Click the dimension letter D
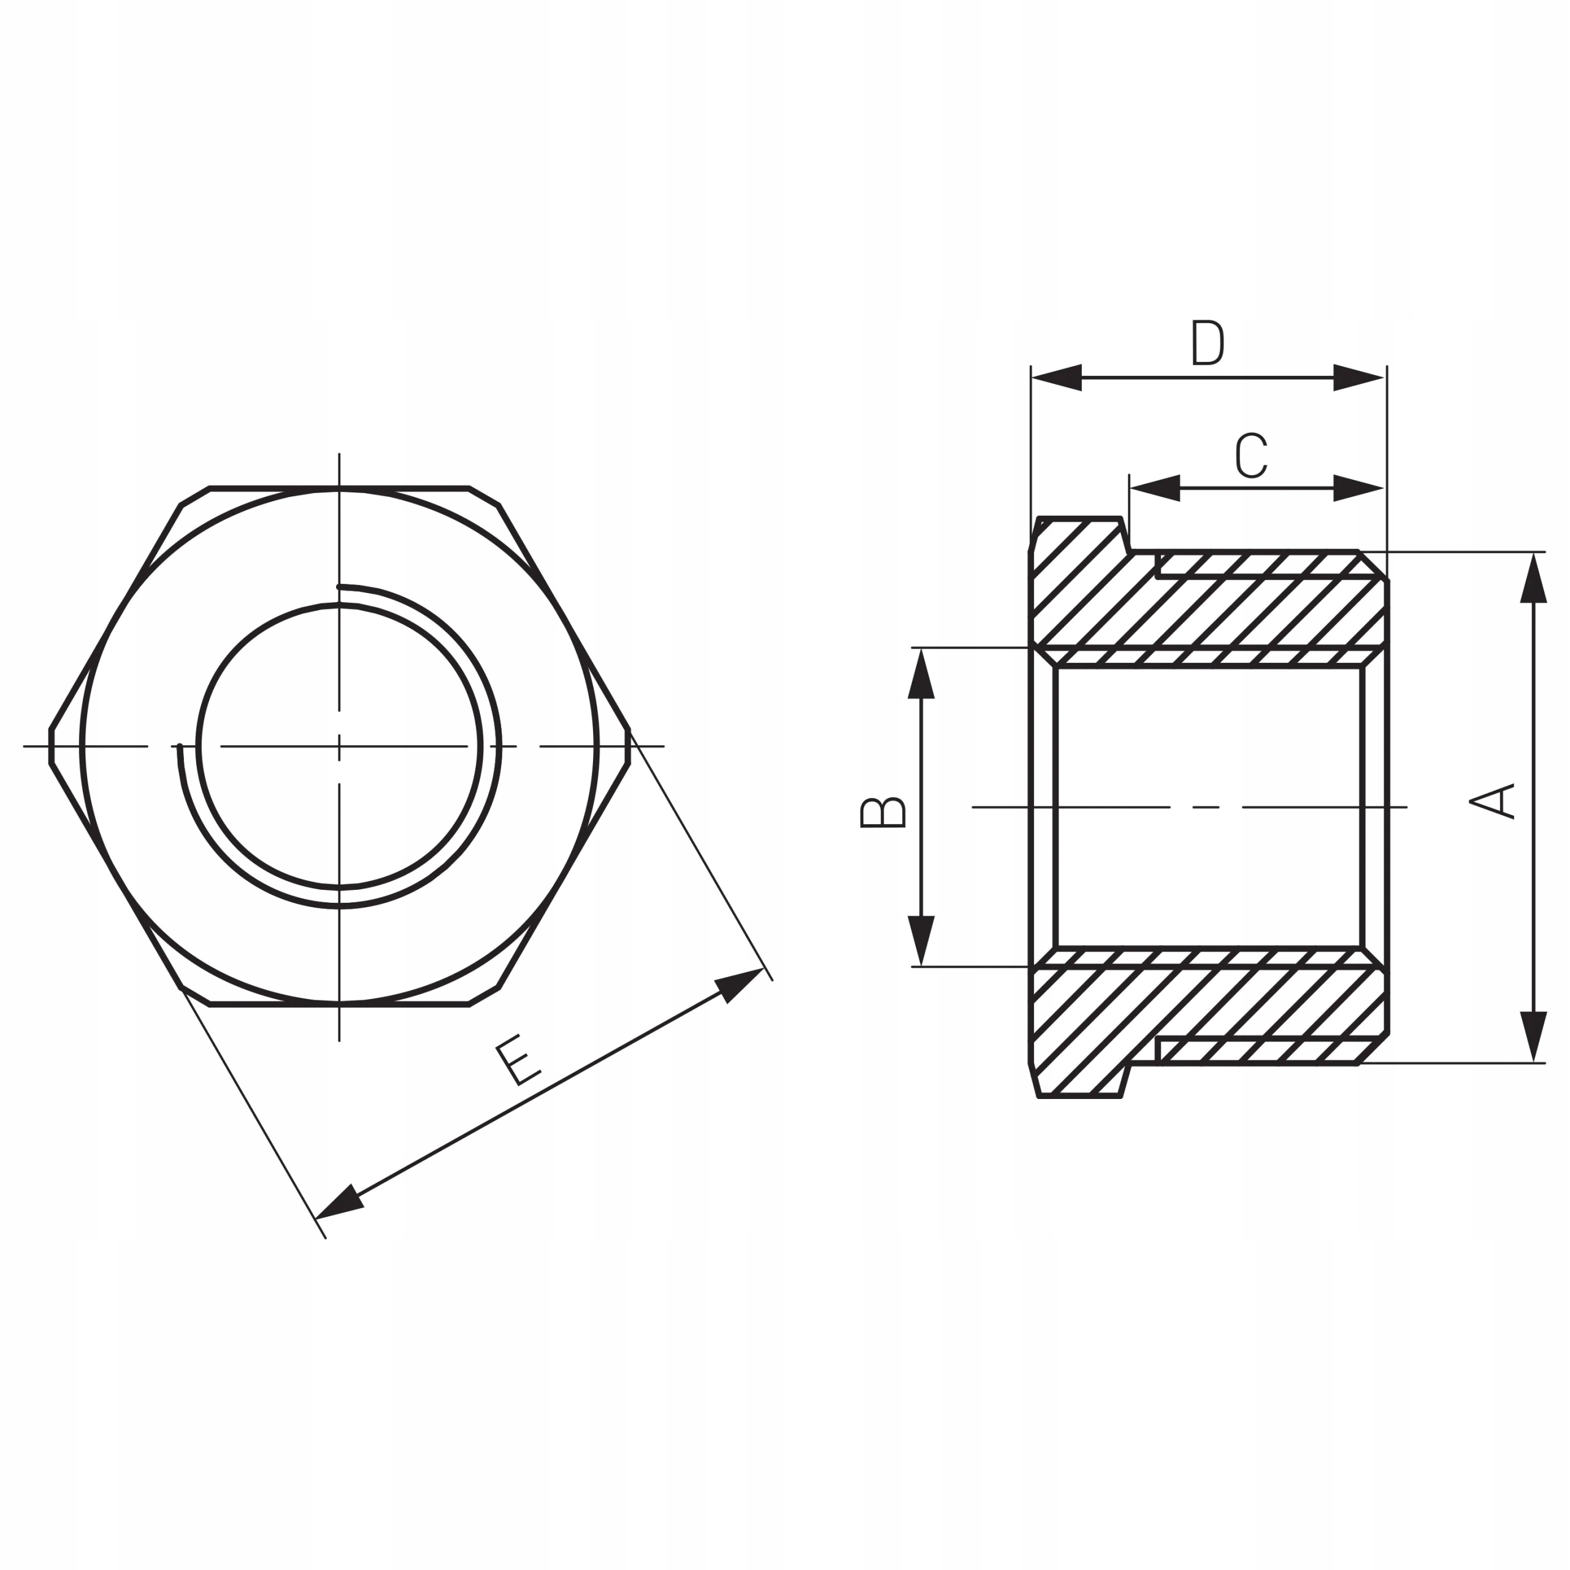pyautogui.click(x=1207, y=343)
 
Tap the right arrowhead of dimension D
pyautogui.click(x=1358, y=378)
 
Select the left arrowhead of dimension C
pyautogui.click(x=1155, y=488)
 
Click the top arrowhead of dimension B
pyautogui.click(x=921, y=675)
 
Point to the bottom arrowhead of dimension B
pyautogui.click(x=921, y=940)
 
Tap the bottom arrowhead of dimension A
pyautogui.click(x=1533, y=1036)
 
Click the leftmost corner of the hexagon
pyautogui.click(x=50, y=746)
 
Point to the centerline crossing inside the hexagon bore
pyautogui.click(x=339, y=746)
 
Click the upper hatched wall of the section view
pyautogui.click(x=1203, y=605)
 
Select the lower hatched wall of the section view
pyautogui.click(x=1203, y=1008)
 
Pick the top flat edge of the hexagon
pyautogui.click(x=339, y=488)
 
